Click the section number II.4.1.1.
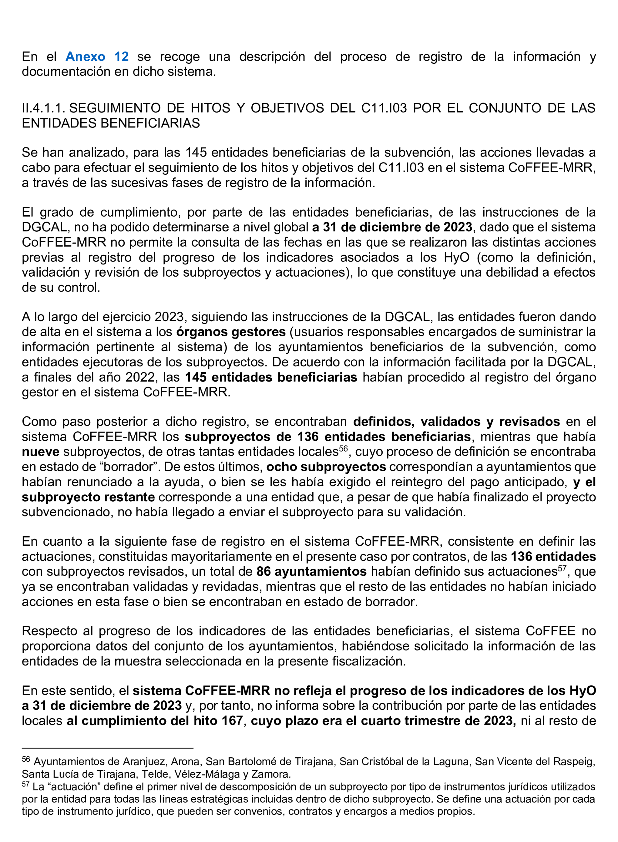(x=43, y=108)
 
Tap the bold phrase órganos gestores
(x=231, y=332)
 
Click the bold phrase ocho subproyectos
(x=326, y=467)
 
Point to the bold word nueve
(x=40, y=452)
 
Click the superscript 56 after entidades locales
(x=343, y=448)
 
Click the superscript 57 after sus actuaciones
(x=562, y=568)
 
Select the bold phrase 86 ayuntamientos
(x=311, y=571)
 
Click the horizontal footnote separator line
(x=107, y=748)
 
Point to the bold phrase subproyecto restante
(x=88, y=497)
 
